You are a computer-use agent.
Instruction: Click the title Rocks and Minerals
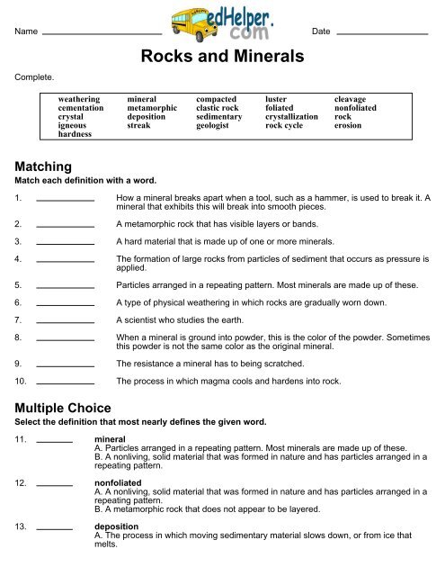(x=222, y=57)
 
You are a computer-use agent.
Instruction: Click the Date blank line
(x=387, y=33)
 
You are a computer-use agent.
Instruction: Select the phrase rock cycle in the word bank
(x=285, y=127)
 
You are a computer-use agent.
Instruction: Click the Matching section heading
(x=47, y=166)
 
